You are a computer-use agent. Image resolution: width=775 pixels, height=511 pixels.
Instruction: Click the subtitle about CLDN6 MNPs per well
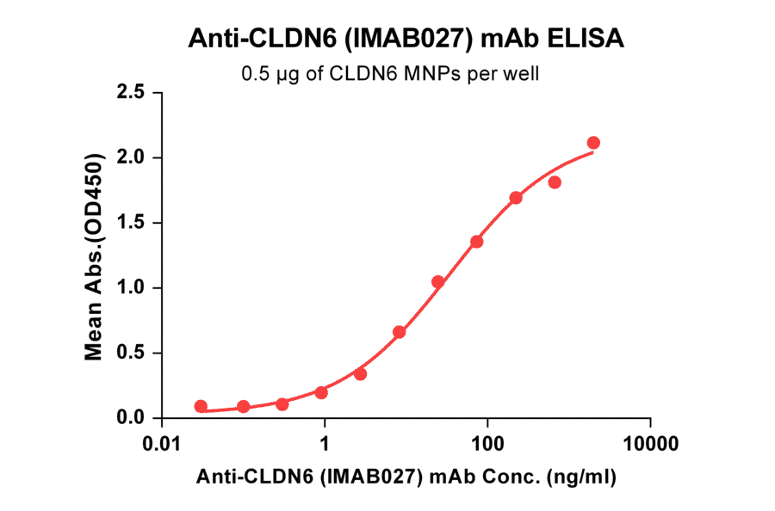pos(390,74)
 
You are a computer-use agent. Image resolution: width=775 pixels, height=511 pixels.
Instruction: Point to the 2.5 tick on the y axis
pos(130,92)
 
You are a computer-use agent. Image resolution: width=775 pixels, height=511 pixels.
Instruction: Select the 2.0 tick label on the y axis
pos(130,157)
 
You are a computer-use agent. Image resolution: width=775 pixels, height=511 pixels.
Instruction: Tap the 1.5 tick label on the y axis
pos(130,223)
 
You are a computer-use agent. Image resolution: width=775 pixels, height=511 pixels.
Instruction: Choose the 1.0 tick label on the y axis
pos(130,287)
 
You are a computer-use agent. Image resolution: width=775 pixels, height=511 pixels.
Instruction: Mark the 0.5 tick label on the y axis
pos(130,353)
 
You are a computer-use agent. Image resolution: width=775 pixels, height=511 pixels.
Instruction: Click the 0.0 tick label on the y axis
pos(130,418)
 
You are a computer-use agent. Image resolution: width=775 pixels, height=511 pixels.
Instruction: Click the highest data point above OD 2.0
pos(593,143)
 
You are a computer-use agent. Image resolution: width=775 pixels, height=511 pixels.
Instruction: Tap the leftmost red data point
pos(201,406)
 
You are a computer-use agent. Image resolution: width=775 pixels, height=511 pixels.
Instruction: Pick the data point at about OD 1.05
pos(438,281)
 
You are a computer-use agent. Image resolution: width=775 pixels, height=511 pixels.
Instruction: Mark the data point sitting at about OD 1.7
pos(516,198)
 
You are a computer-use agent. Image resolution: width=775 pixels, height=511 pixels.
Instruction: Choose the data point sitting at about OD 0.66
pos(399,332)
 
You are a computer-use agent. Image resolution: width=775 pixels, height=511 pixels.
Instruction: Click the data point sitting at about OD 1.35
pos(477,242)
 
